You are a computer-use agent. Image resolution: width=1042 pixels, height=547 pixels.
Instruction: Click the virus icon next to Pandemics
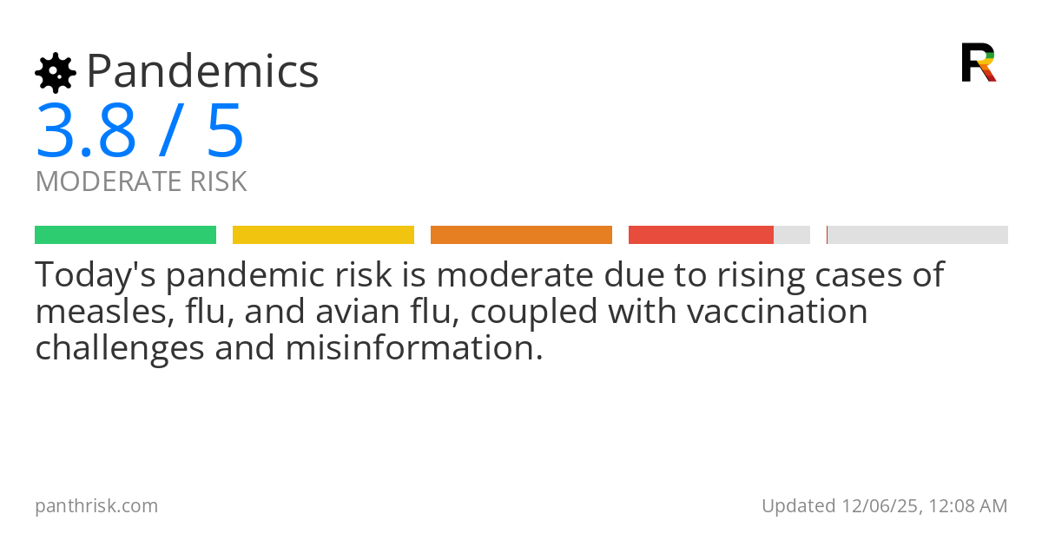point(56,73)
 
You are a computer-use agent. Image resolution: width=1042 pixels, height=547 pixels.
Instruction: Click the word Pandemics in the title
point(202,71)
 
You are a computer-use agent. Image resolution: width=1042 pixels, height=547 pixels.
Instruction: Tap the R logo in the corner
point(979,63)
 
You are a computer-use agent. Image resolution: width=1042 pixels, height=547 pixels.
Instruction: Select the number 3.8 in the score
point(86,132)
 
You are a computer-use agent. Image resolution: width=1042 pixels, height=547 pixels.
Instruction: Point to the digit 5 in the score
point(226,132)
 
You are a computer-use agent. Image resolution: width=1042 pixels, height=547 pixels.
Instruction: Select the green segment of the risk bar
point(125,235)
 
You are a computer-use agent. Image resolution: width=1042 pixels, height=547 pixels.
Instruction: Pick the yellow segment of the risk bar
point(323,235)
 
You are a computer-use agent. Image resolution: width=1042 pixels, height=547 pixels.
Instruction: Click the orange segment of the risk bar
point(521,235)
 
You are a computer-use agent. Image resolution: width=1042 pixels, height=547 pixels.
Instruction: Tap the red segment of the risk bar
point(701,235)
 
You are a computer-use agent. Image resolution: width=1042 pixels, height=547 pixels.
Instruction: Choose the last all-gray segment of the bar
point(917,235)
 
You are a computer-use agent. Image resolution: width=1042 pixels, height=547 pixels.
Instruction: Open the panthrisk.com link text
point(96,506)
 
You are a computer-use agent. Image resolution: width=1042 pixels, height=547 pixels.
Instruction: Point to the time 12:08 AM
point(968,506)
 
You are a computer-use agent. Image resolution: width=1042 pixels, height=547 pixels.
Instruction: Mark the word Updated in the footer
point(798,506)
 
